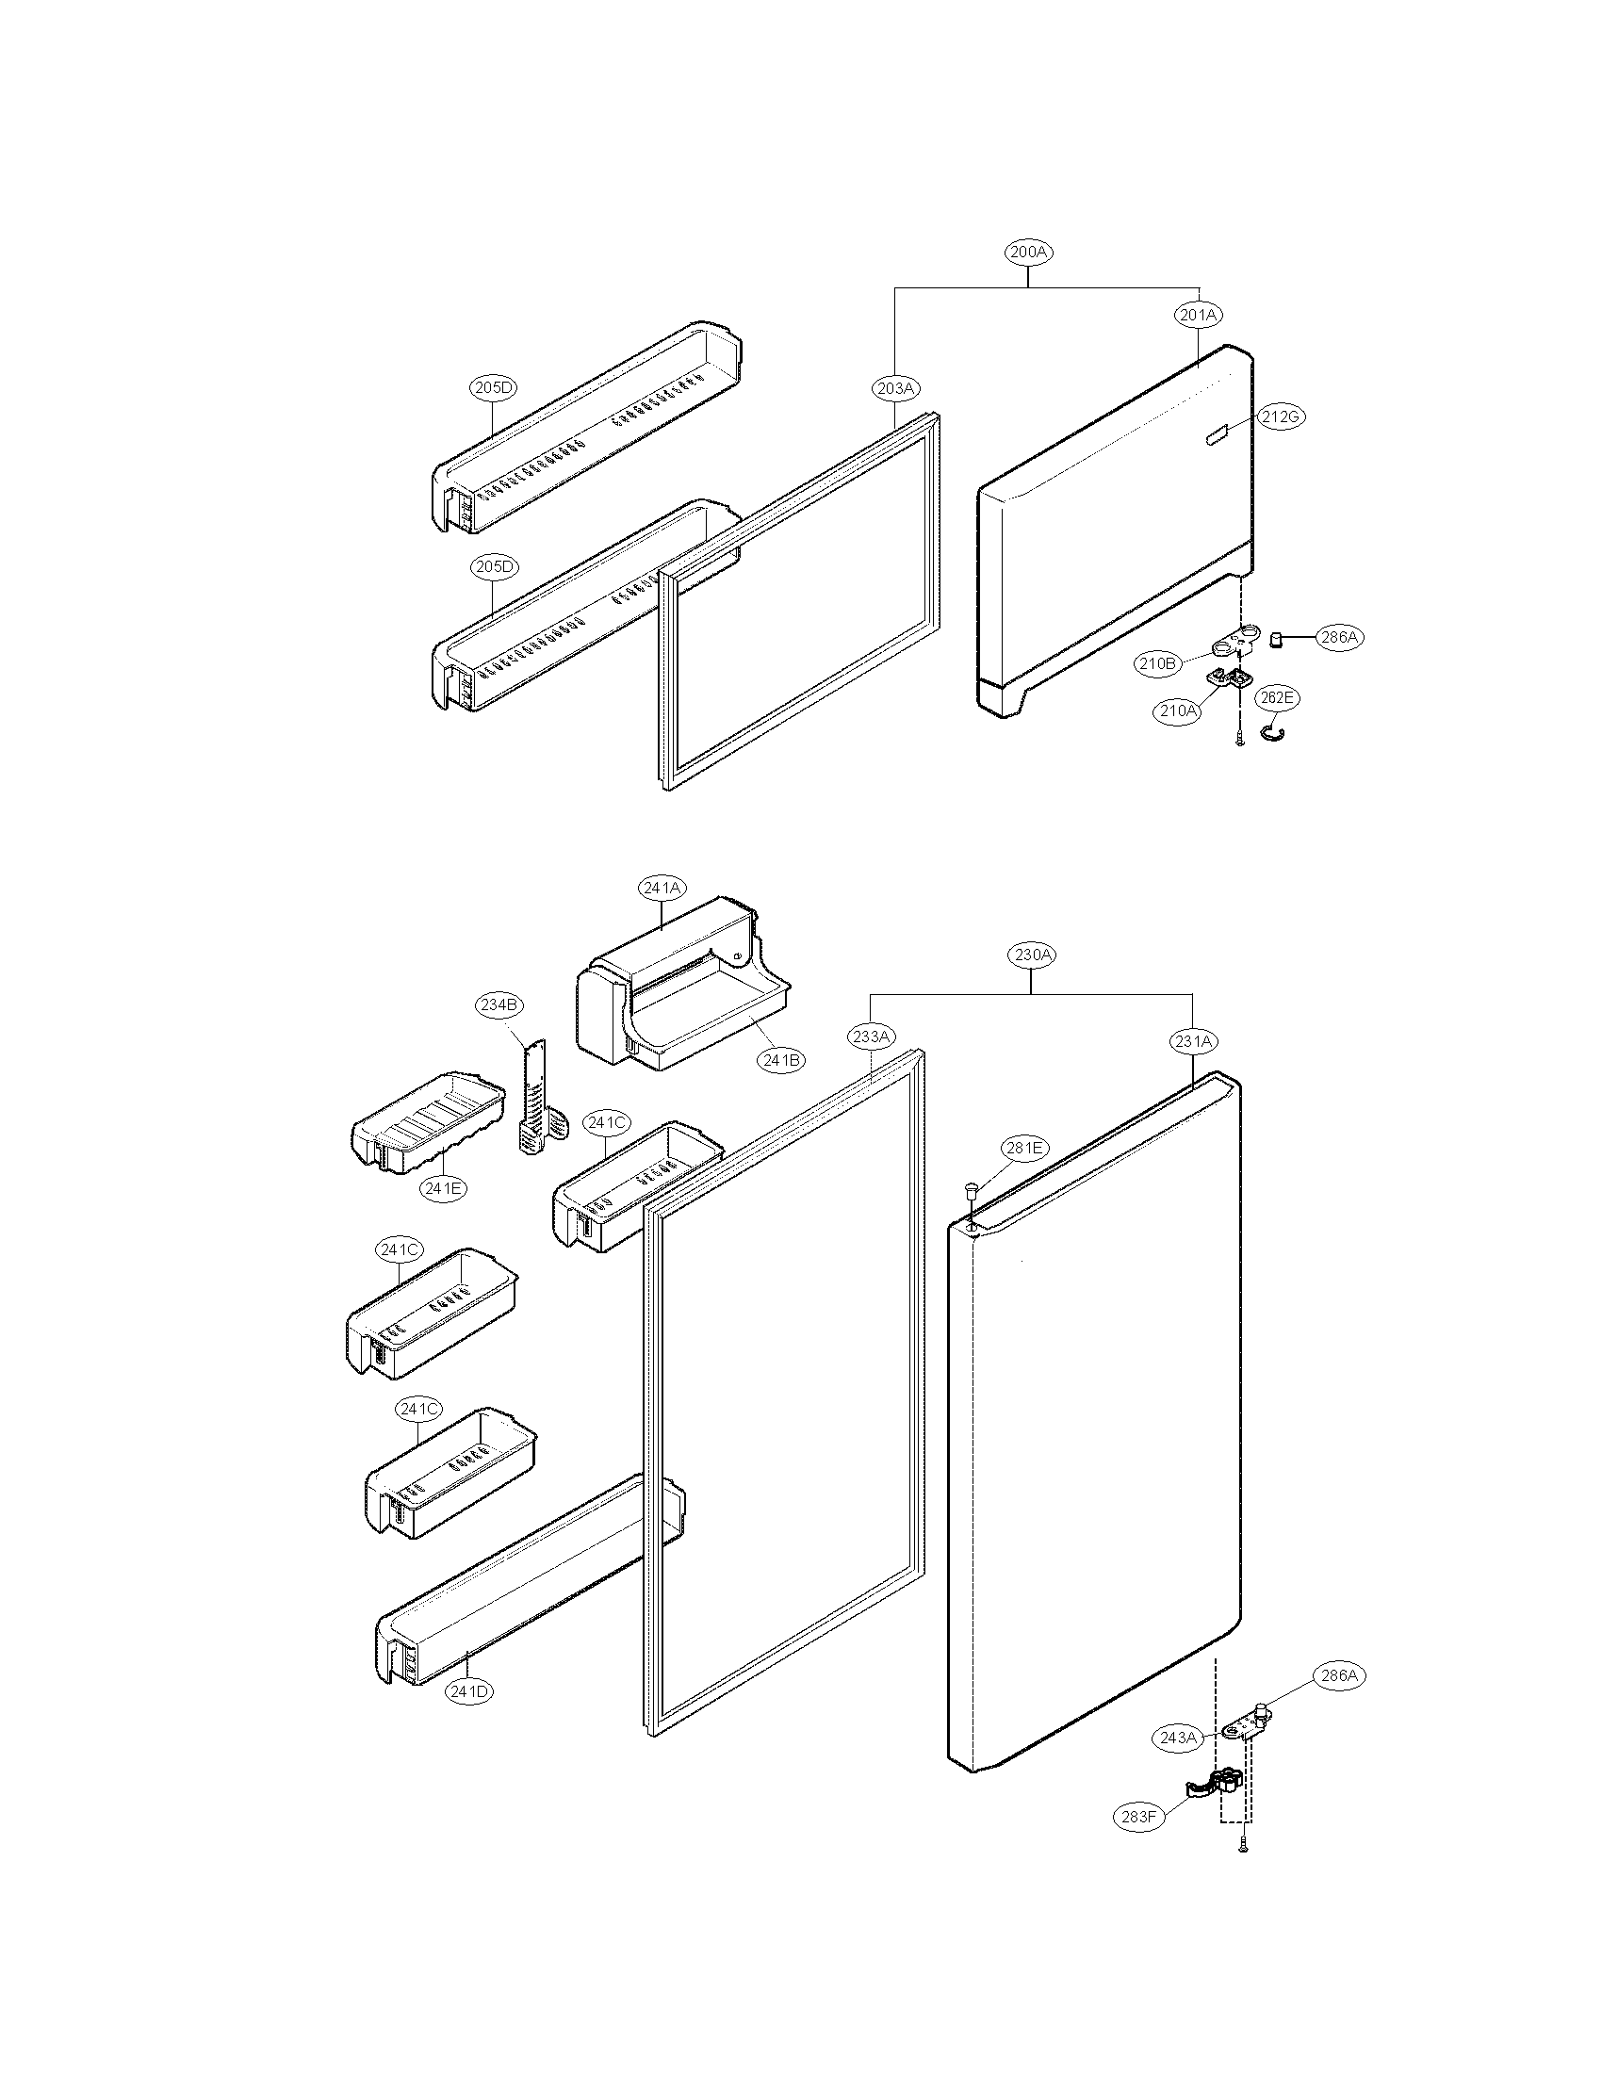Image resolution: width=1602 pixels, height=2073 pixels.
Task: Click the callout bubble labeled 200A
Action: [x=1029, y=253]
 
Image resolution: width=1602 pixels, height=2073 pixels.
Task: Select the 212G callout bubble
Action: [x=1282, y=416]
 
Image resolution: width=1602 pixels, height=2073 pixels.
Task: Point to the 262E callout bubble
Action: [x=1277, y=697]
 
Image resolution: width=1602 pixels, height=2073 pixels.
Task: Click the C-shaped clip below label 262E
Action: [x=1272, y=730]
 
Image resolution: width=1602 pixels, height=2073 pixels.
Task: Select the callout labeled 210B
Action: [x=1157, y=664]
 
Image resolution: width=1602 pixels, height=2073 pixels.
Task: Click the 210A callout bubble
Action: [x=1178, y=710]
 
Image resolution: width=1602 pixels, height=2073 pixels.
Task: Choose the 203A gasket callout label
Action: [x=895, y=388]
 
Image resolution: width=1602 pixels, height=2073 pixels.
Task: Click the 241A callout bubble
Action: [x=662, y=889]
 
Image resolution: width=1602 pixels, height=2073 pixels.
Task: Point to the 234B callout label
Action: [x=499, y=1004]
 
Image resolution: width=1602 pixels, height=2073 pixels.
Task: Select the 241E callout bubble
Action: [x=444, y=1187]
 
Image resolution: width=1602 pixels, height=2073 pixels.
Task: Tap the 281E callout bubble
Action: [x=1024, y=1149]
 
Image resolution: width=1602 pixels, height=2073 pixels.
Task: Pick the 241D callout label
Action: [x=471, y=1691]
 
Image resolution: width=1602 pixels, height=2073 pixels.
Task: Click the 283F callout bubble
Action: [x=1138, y=1818]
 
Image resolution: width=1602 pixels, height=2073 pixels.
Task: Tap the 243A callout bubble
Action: [x=1177, y=1738]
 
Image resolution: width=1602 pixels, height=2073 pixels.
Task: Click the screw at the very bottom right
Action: [x=1242, y=1845]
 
